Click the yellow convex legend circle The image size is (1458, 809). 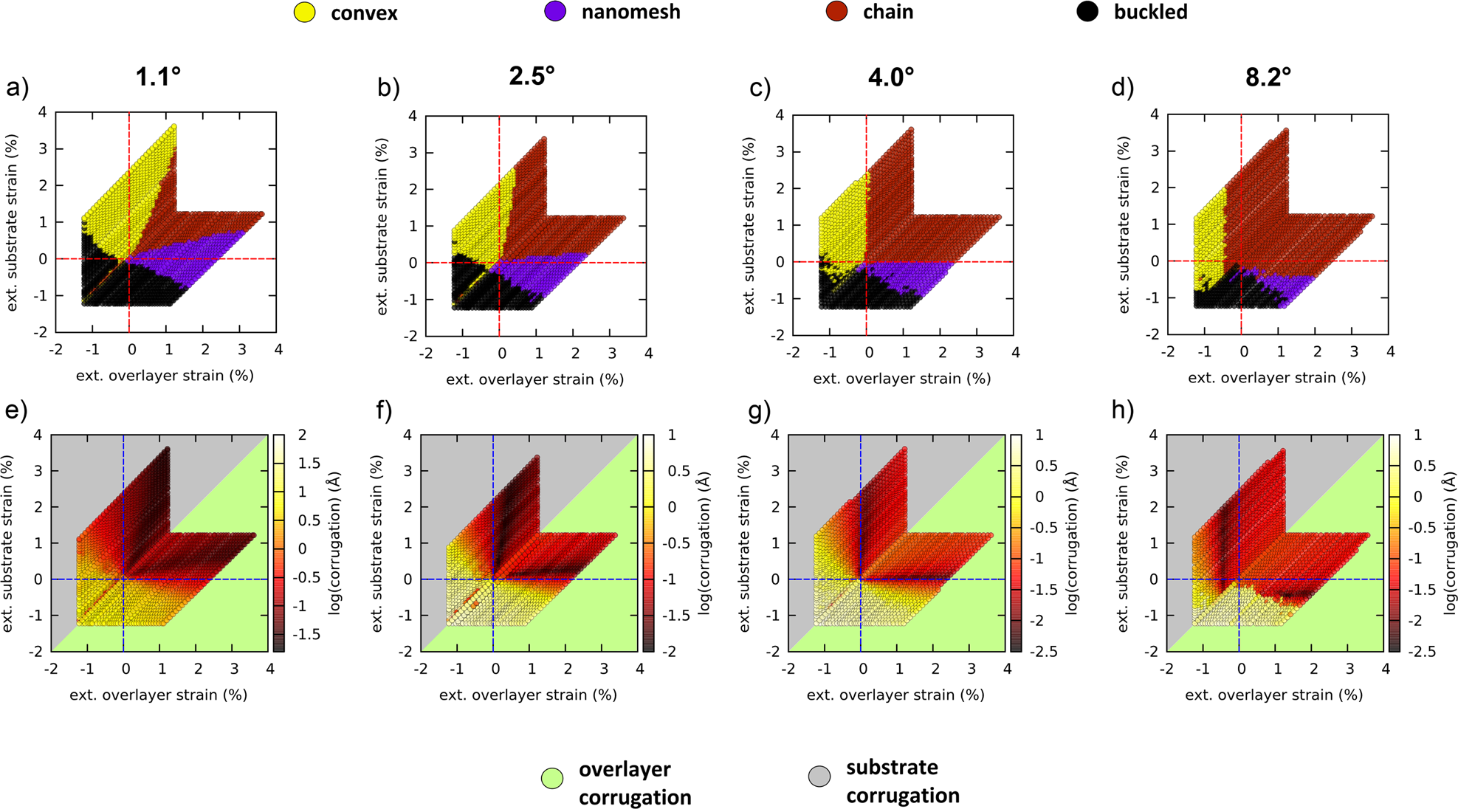[x=305, y=13]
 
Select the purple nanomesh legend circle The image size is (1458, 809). [x=555, y=11]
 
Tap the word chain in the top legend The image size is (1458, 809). [x=887, y=12]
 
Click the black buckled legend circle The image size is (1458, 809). [x=1087, y=11]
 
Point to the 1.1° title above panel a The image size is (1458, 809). [x=158, y=77]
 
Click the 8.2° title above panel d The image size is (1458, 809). [x=1268, y=77]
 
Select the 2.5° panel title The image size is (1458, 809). [x=532, y=76]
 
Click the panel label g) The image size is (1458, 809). [x=760, y=410]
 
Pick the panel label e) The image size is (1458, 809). [x=17, y=410]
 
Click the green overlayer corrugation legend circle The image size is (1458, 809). [x=552, y=778]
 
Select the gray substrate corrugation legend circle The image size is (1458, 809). [x=819, y=776]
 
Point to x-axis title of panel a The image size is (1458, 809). [x=165, y=376]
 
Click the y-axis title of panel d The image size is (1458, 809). [x=1124, y=224]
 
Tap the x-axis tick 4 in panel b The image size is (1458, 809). [x=648, y=354]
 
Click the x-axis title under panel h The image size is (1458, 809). [x=1273, y=695]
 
